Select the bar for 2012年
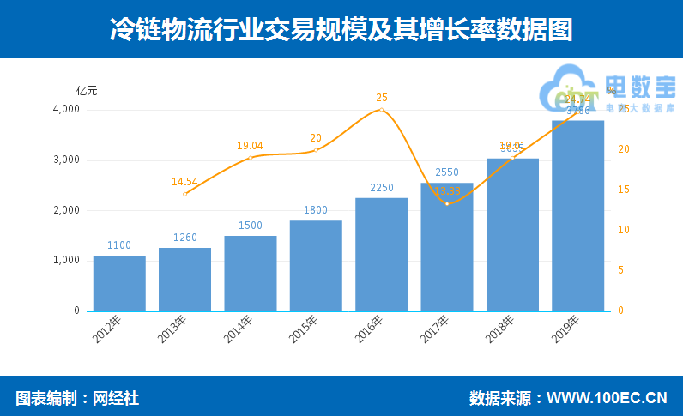[x=119, y=283]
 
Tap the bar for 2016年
[x=381, y=255]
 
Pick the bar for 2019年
[x=577, y=215]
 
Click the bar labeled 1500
[x=251, y=273]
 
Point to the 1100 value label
[x=119, y=245]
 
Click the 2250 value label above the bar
[x=381, y=188]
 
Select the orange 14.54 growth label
[x=184, y=182]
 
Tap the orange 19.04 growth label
[x=250, y=146]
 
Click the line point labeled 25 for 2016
[x=382, y=110]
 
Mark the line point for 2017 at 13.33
[x=447, y=203]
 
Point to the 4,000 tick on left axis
[x=66, y=110]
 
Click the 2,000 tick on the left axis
[x=66, y=210]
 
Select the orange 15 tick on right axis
[x=623, y=190]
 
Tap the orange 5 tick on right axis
[x=620, y=270]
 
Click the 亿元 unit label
[x=87, y=90]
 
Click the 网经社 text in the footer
[x=115, y=398]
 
